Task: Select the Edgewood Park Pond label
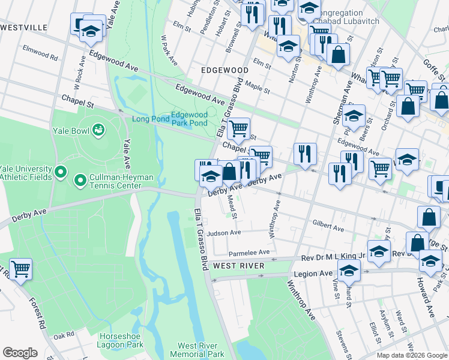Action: pyautogui.click(x=189, y=119)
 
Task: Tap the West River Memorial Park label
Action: pyautogui.click(x=201, y=350)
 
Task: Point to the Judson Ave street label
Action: pyautogui.click(x=223, y=233)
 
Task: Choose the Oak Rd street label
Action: pyautogui.click(x=63, y=337)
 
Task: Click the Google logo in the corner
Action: pyautogui.click(x=20, y=353)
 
